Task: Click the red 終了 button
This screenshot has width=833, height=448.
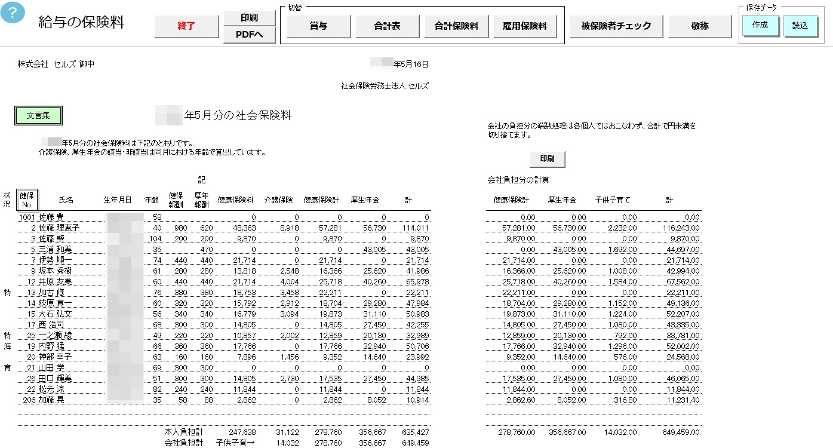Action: (x=186, y=26)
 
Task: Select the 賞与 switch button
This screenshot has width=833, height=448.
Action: (x=318, y=26)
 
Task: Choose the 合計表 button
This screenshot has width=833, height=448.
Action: (x=387, y=26)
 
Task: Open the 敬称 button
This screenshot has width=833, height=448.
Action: (x=700, y=26)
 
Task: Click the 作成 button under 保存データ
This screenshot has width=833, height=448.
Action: (x=760, y=25)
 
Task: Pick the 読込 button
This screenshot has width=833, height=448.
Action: (x=800, y=26)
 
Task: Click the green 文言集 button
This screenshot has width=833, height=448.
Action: (x=38, y=116)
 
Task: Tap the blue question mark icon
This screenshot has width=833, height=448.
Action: (x=13, y=12)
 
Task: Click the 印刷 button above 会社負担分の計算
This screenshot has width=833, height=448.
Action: (x=547, y=159)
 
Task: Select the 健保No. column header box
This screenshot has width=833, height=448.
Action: (x=27, y=200)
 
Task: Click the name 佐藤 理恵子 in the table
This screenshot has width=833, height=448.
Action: (x=59, y=228)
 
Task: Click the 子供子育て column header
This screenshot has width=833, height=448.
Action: (x=613, y=200)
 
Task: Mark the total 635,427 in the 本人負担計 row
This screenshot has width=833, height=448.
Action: (x=416, y=432)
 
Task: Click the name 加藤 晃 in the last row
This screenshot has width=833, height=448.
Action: (x=51, y=400)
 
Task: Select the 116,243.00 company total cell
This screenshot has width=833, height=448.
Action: (x=681, y=228)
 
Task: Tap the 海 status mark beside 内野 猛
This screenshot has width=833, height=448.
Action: (x=7, y=346)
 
